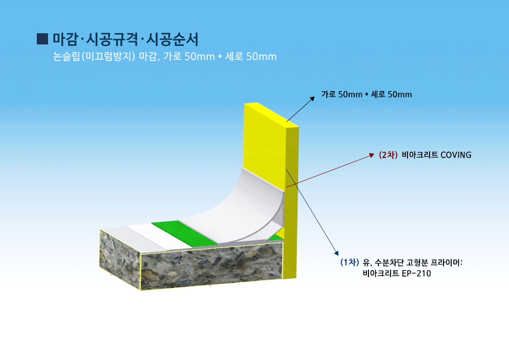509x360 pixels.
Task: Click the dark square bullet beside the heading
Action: [x=43, y=39]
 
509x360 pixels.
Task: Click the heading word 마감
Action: [x=65, y=40]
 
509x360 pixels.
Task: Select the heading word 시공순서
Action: [x=172, y=40]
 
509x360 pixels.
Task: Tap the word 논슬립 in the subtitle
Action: [x=66, y=57]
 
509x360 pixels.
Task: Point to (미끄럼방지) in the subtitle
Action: [x=108, y=57]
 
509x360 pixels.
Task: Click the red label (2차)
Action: [x=388, y=155]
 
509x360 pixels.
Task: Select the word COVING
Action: [x=456, y=155]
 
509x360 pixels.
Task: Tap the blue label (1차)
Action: [x=349, y=262]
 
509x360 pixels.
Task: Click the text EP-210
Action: [x=416, y=273]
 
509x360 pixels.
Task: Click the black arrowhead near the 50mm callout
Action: [x=312, y=99]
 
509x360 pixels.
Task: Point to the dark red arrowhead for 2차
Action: [x=372, y=155]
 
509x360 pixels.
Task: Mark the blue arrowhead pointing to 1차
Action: [x=336, y=253]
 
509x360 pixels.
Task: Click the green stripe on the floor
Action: [x=185, y=233]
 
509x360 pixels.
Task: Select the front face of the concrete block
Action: [x=212, y=266]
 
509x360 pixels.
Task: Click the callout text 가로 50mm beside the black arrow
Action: [x=342, y=94]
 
